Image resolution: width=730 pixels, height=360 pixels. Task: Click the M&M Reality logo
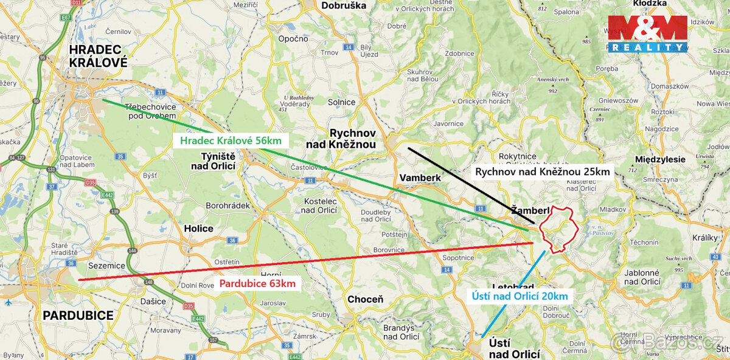coord(647,33)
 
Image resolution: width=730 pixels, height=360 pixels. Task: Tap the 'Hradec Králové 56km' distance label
coord(230,141)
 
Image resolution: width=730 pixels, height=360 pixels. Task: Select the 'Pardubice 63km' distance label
coord(257,283)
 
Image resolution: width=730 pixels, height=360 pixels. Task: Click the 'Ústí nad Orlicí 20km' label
coord(520,297)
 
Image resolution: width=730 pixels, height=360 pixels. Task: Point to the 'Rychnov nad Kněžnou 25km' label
coord(542,171)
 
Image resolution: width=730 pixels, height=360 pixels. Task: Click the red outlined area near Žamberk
coord(559,229)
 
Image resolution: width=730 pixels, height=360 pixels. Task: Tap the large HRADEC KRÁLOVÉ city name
coord(98,55)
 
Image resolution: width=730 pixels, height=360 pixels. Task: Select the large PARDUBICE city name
coord(78,316)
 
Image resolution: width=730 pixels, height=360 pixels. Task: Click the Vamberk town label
coord(419,177)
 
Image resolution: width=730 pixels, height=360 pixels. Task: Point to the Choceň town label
coord(365,299)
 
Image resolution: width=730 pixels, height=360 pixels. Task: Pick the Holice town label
coord(198,229)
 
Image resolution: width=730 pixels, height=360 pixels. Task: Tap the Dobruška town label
coord(344,5)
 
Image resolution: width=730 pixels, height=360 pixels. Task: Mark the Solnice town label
coord(341,102)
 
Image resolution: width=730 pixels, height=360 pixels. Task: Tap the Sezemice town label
coord(106,266)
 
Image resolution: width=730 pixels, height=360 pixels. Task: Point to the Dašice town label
coord(152,301)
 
